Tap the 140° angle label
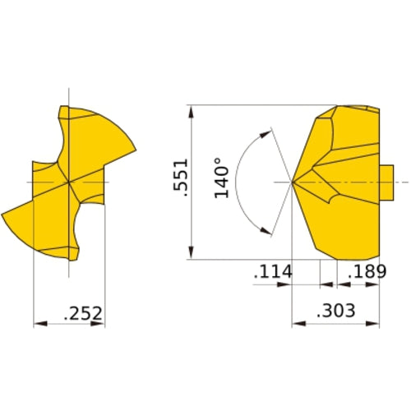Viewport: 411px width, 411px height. tap(219, 178)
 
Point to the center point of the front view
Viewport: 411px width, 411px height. tap(69, 181)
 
